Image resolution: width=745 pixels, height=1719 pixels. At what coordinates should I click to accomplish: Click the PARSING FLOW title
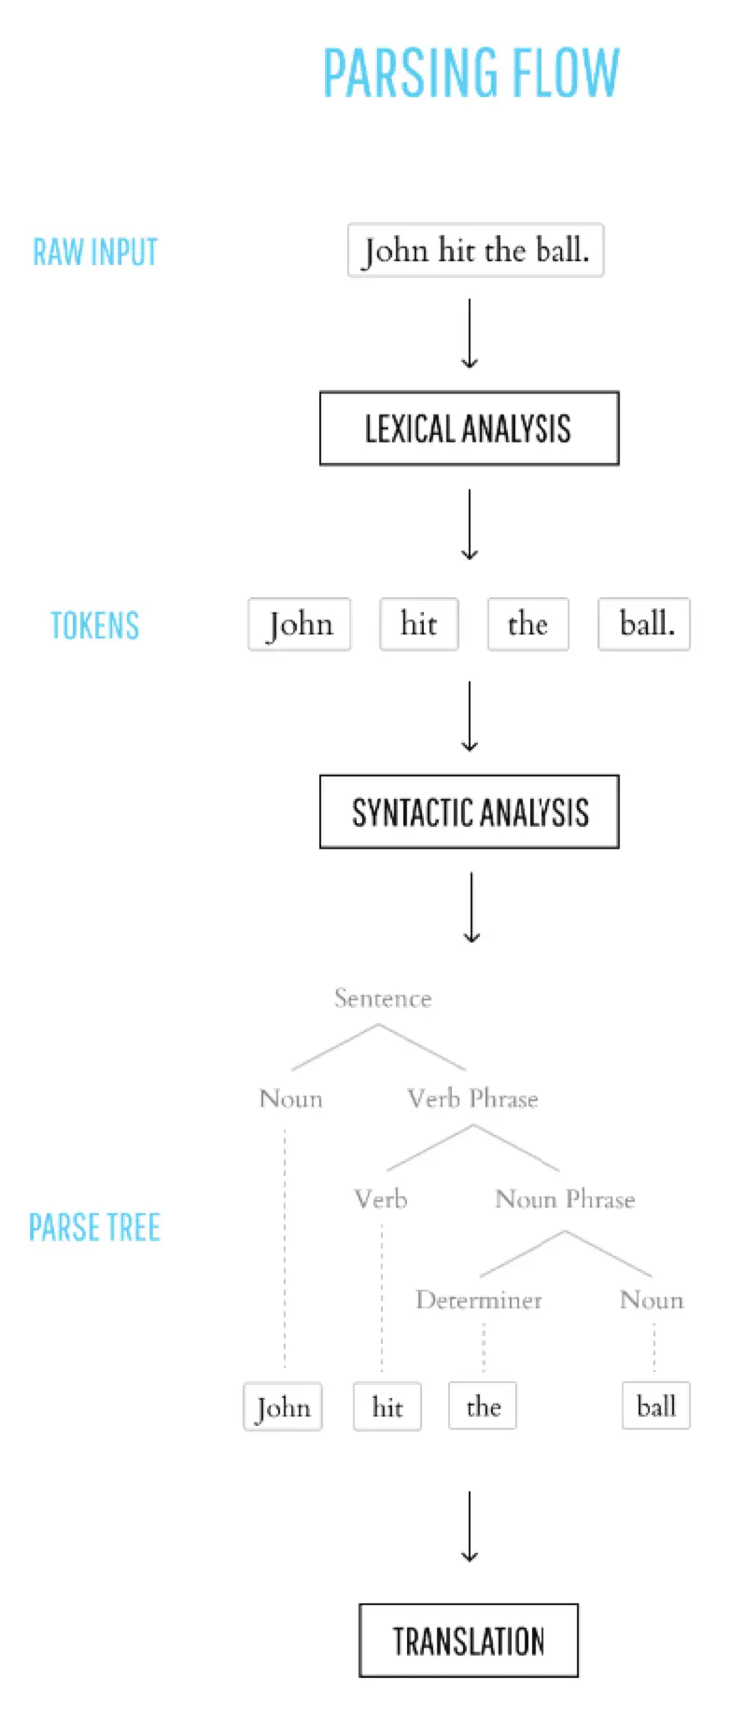(x=471, y=73)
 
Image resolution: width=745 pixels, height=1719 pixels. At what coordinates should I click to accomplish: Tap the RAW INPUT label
(x=95, y=252)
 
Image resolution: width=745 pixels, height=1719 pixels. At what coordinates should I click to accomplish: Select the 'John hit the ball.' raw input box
(x=475, y=250)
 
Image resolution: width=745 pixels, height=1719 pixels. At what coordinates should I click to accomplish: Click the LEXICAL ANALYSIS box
(x=469, y=428)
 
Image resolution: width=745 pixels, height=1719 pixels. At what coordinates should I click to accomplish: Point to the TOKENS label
(x=94, y=625)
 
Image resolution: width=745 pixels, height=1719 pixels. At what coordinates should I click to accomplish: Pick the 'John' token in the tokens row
(x=300, y=624)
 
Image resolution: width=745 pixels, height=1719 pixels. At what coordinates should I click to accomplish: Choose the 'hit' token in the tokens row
(x=418, y=624)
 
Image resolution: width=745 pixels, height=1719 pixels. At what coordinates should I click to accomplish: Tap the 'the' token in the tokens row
(x=527, y=624)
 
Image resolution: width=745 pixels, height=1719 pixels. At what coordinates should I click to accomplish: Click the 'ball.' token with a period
(x=644, y=624)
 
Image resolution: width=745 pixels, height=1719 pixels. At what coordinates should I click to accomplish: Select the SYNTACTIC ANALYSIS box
(x=469, y=812)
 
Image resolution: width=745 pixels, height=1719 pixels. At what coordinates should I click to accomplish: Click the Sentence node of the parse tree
(x=383, y=999)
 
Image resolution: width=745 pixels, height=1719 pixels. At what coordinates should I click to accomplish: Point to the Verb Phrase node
(x=472, y=1098)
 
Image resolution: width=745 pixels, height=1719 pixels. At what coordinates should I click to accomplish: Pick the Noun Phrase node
(x=565, y=1199)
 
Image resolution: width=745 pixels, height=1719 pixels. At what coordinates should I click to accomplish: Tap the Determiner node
(x=479, y=1300)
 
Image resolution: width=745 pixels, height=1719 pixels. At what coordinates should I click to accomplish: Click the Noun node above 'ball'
(x=652, y=1300)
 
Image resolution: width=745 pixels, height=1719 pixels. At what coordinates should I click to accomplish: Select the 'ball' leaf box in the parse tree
(x=656, y=1406)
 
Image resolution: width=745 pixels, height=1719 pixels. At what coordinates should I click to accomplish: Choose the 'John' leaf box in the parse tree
(x=283, y=1406)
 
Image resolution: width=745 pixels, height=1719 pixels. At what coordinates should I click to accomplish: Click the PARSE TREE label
(x=94, y=1227)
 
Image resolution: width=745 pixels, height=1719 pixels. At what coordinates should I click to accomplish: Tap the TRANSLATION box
(x=469, y=1641)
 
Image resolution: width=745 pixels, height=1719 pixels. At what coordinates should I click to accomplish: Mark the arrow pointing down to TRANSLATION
(x=470, y=1527)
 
